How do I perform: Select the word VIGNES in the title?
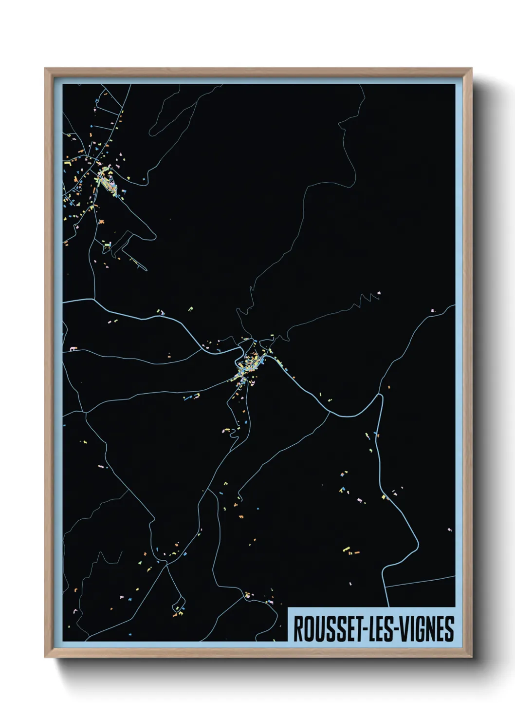click(428, 629)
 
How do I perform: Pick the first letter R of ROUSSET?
click(297, 629)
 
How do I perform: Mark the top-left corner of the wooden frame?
click(45, 69)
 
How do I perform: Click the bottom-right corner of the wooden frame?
click(471, 657)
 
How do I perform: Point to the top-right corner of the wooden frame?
click(471, 69)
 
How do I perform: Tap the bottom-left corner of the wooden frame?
click(45, 657)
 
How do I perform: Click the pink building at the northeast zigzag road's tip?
click(379, 293)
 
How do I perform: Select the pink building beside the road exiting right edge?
click(432, 310)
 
